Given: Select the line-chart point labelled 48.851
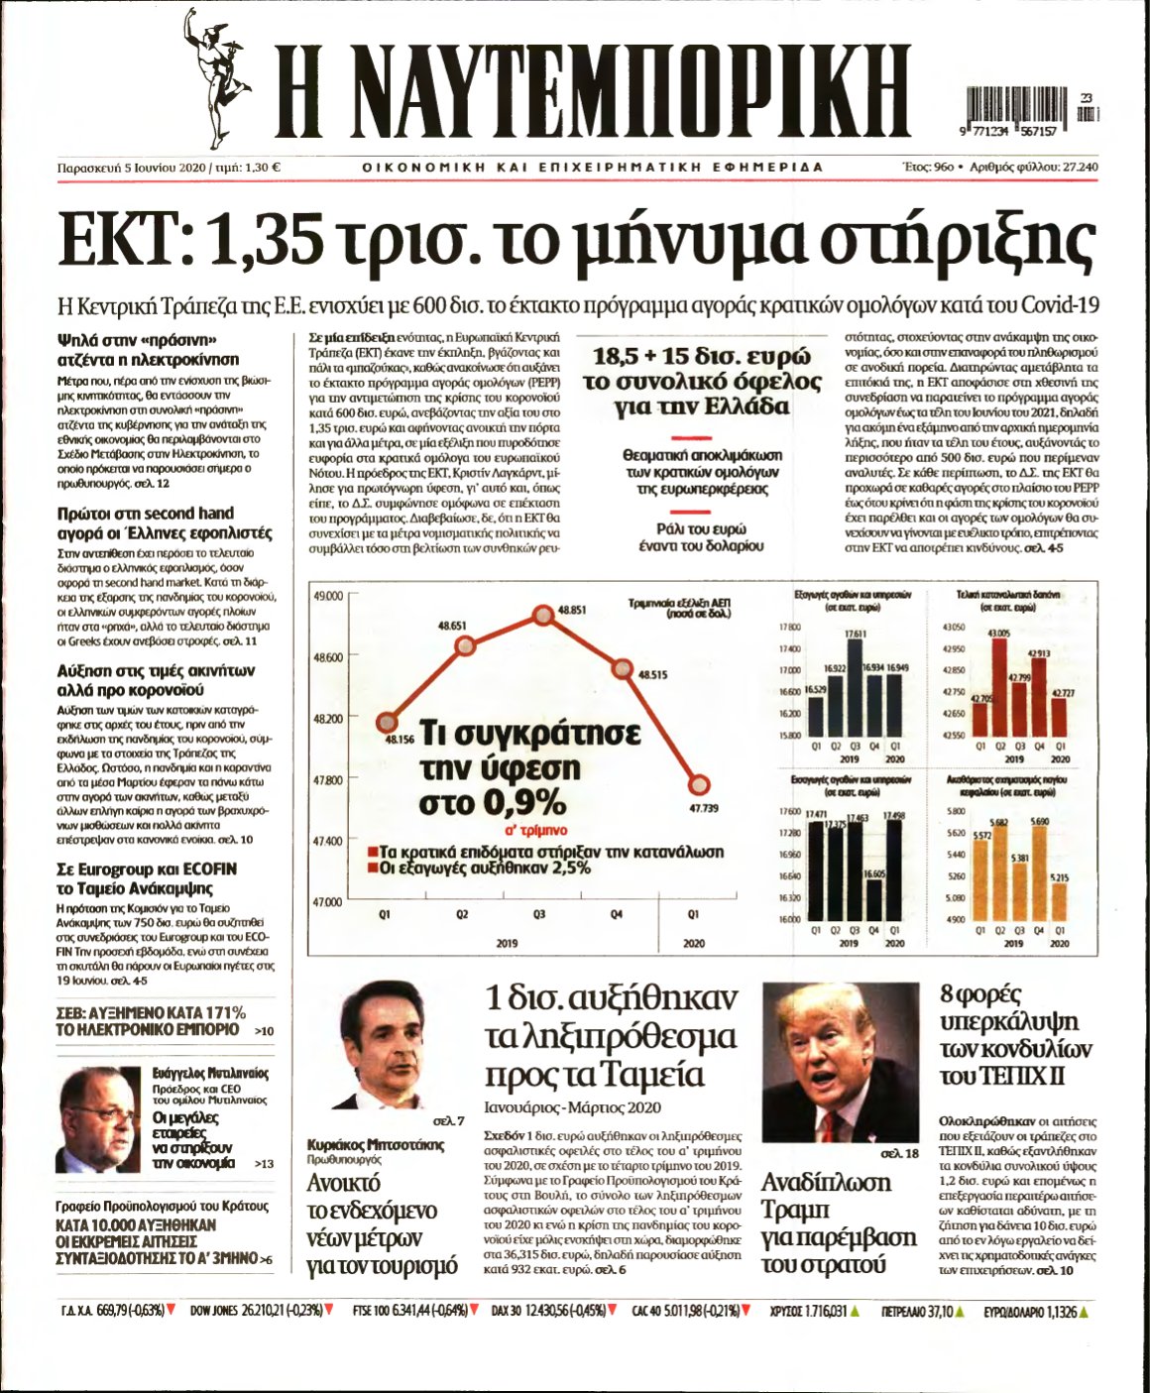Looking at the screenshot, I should click(x=543, y=615).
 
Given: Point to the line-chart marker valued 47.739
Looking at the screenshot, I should click(x=698, y=784).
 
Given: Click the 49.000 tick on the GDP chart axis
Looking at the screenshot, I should click(x=327, y=596).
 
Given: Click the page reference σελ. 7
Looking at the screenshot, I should click(x=449, y=1121).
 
